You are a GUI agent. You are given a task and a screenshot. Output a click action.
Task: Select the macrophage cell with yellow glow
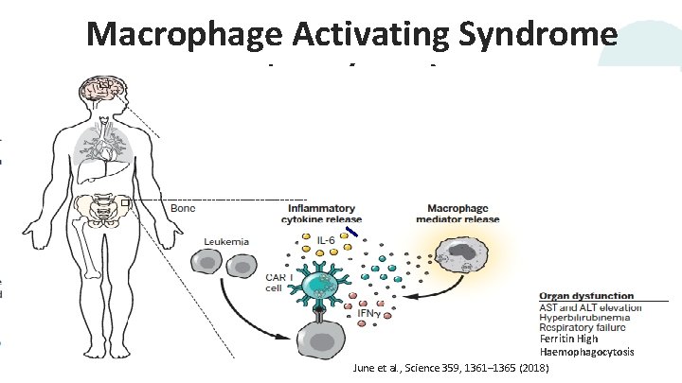[x=460, y=256]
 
